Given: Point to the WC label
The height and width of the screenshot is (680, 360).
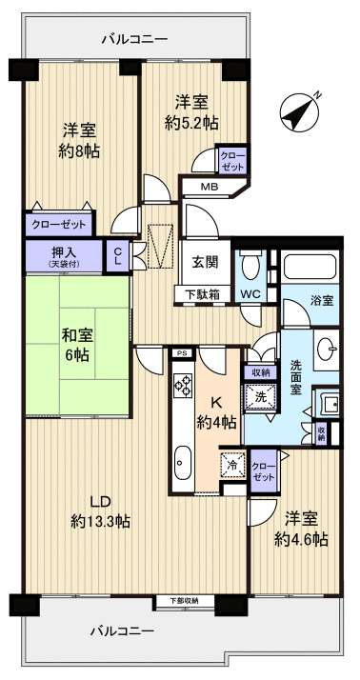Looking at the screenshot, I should point(251,294).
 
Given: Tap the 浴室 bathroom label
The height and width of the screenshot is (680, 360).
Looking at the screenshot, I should point(322,301).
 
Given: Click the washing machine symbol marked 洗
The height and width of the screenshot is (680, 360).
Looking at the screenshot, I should point(260,397).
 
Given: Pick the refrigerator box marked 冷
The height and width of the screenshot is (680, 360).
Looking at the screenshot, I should point(233,466).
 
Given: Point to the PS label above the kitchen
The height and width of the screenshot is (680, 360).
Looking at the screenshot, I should point(181,352).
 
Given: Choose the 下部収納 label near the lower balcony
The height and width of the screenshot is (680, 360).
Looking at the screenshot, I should point(185,601).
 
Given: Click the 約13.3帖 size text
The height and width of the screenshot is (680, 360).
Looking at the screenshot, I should point(100,522).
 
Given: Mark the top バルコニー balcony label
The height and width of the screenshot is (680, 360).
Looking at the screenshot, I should point(134,39).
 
